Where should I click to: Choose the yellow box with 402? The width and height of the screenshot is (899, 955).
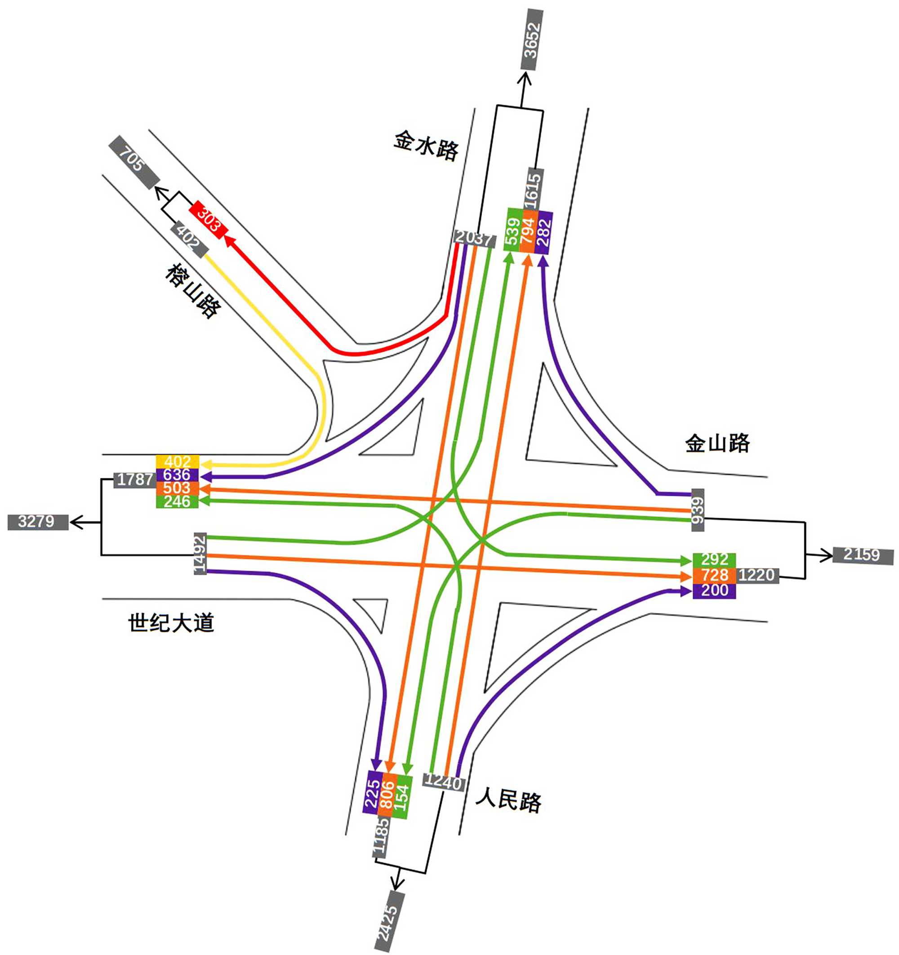pyautogui.click(x=177, y=462)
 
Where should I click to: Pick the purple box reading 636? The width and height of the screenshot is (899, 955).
pyautogui.click(x=177, y=475)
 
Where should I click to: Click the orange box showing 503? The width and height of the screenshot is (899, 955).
pyautogui.click(x=177, y=488)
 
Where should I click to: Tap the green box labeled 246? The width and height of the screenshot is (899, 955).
pyautogui.click(x=177, y=502)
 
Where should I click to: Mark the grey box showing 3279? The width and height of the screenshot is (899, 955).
pyautogui.click(x=37, y=522)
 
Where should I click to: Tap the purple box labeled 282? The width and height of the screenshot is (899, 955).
pyautogui.click(x=544, y=230)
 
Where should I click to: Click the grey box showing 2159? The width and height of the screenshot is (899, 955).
pyautogui.click(x=863, y=555)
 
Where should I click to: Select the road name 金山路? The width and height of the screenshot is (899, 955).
pyautogui.click(x=717, y=443)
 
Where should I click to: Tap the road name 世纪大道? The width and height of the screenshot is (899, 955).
pyautogui.click(x=171, y=623)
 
